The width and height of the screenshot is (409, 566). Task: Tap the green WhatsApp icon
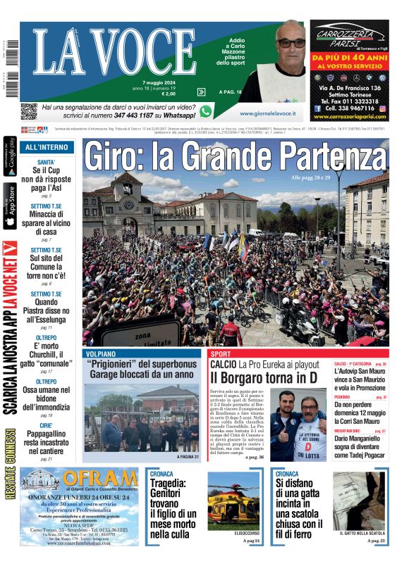coord(206,111)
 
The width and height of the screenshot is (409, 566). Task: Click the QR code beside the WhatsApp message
coord(28,111)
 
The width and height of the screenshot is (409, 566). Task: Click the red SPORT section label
coord(221,354)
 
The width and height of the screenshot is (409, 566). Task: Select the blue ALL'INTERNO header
coord(47,148)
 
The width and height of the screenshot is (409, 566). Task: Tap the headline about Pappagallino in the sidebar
coord(47,444)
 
